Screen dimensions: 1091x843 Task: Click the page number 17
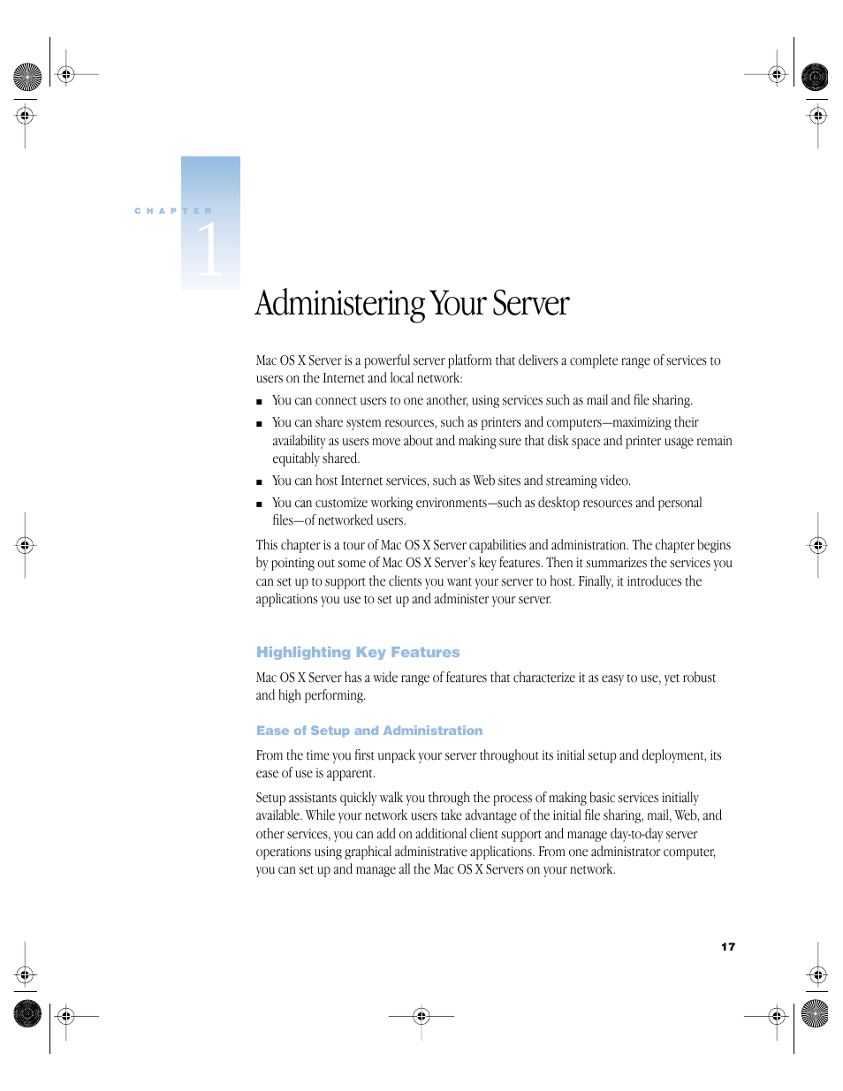point(727,947)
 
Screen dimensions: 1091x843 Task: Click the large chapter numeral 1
point(209,249)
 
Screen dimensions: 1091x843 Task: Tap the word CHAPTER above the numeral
point(173,211)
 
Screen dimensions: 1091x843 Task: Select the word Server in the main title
point(530,304)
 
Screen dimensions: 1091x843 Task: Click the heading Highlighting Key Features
point(358,652)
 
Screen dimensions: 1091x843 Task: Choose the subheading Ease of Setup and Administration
point(369,731)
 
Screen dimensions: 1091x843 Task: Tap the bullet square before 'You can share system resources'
point(259,424)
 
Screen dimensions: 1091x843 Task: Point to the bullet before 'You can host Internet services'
point(259,482)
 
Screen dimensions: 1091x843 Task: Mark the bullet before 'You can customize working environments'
point(259,504)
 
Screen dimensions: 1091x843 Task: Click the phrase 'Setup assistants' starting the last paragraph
point(296,798)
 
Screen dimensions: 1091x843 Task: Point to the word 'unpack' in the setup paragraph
point(397,755)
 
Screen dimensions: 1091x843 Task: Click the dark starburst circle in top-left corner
point(27,77)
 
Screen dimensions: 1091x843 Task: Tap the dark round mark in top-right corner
point(815,77)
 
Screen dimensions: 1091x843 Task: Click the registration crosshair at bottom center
point(421,1016)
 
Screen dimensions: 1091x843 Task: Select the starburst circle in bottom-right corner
point(815,1013)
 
